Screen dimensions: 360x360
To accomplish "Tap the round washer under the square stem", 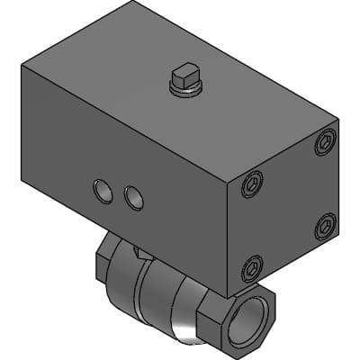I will pos(186,87).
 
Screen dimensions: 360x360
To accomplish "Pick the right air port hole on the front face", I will pos(133,197).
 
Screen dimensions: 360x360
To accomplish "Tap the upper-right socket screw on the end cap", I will pos(326,140).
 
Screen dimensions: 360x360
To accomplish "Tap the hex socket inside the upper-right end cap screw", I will pos(326,140).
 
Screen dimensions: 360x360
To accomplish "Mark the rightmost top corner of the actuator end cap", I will pos(339,118).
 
